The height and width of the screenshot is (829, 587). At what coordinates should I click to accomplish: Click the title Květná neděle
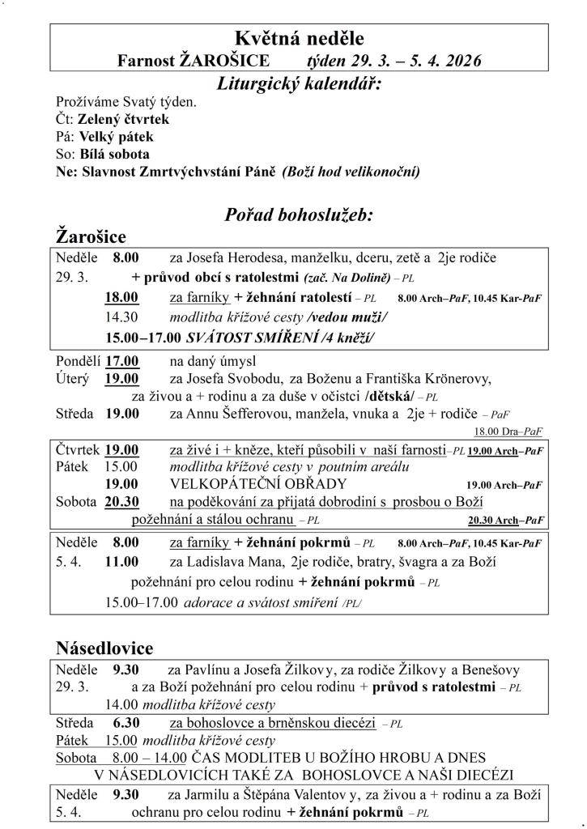[299, 38]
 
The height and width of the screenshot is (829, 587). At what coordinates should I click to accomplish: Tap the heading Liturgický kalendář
[300, 83]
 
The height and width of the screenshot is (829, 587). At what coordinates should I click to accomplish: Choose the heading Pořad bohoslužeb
[299, 215]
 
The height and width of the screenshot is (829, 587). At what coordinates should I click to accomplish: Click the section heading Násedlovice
[104, 648]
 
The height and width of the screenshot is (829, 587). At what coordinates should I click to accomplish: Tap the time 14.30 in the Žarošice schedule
[122, 317]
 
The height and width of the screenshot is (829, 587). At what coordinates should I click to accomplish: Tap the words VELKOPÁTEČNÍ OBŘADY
[257, 484]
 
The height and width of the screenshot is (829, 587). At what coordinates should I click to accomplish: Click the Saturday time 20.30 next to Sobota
[121, 502]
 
